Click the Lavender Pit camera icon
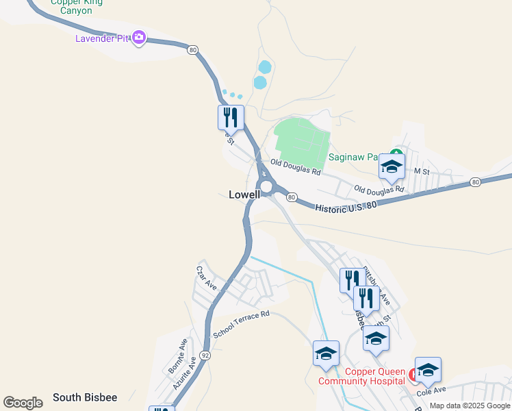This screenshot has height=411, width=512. coord(139,37)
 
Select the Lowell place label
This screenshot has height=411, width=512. coord(244,195)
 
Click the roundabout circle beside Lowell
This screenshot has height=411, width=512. coord(266,186)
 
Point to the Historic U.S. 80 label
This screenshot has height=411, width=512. coord(346,205)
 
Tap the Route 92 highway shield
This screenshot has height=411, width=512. coord(205,356)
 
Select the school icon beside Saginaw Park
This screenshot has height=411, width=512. coord(392,165)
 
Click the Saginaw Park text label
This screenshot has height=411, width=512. coord(353,157)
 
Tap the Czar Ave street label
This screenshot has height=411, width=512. coord(207,278)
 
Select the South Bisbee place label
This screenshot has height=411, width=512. coord(85,397)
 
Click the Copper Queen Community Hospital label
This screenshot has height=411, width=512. coord(367,376)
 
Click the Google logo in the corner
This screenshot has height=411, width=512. coord(23,403)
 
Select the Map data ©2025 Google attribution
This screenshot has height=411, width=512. coord(470,406)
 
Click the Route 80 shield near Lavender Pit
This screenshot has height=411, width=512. coord(193,49)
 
